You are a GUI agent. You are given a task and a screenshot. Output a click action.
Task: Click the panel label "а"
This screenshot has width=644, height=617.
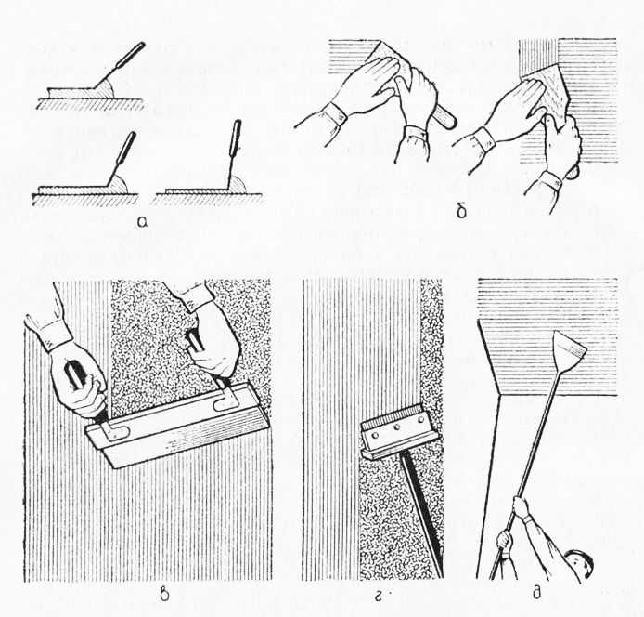(x=142, y=222)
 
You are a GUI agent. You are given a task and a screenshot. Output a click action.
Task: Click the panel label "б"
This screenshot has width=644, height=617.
(x=461, y=212)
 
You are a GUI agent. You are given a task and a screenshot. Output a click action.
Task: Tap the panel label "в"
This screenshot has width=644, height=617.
(x=164, y=596)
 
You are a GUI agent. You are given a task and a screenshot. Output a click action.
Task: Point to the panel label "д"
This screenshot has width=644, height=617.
(x=536, y=595)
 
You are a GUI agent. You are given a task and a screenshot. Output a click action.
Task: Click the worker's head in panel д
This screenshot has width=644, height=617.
(x=580, y=563)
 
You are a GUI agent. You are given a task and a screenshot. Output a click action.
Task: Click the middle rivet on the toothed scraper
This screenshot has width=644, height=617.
(x=397, y=427)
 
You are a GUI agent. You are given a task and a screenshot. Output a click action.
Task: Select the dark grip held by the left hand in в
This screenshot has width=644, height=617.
(x=76, y=374)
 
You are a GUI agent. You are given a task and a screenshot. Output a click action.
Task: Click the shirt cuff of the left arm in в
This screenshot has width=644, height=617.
(x=50, y=334)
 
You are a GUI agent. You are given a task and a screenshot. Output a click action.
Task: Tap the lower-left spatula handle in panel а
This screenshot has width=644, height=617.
(x=125, y=148)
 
